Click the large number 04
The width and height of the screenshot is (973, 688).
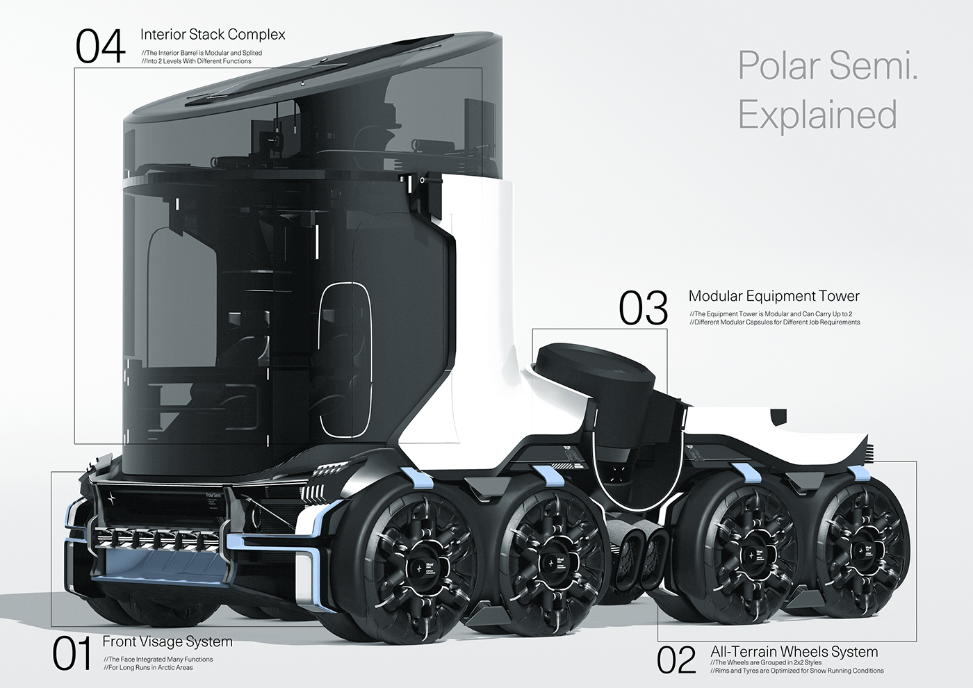(x=100, y=47)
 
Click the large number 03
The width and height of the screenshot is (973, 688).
(x=643, y=309)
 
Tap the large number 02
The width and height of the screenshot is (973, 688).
(x=676, y=660)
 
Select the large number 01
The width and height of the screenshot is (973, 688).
(x=72, y=654)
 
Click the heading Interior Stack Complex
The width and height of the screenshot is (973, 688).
(x=213, y=35)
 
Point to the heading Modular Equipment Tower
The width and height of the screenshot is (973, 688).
(x=774, y=296)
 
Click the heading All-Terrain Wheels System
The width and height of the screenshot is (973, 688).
(x=794, y=652)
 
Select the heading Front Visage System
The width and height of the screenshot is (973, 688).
(x=167, y=641)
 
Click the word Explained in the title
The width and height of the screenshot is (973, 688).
(x=817, y=115)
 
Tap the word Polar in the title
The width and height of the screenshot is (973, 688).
(x=778, y=66)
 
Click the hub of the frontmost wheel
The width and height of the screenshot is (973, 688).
(x=419, y=568)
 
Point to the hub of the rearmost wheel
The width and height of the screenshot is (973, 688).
(x=862, y=551)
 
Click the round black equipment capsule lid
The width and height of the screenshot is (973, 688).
(x=594, y=366)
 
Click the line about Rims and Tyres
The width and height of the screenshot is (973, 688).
(x=796, y=671)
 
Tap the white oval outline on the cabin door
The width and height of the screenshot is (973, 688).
(x=345, y=359)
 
